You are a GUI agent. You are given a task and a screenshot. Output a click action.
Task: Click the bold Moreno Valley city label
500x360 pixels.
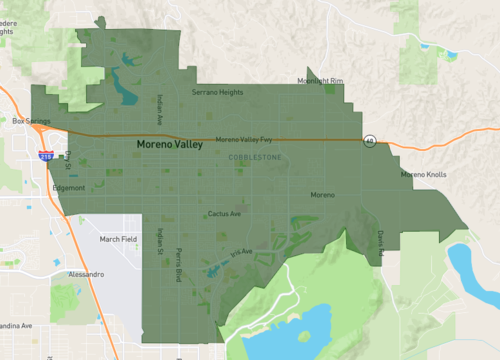click(169, 145)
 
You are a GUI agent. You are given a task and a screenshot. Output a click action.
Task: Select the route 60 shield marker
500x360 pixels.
click(370, 140)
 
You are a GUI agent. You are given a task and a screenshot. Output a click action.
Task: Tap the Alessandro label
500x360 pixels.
click(85, 273)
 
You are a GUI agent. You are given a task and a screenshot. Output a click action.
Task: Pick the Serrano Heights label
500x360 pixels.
click(217, 92)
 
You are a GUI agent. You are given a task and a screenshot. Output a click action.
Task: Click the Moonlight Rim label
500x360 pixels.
click(320, 81)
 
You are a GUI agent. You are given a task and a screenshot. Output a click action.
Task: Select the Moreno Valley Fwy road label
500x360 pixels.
click(243, 140)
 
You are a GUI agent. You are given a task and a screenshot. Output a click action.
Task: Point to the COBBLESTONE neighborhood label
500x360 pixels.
click(256, 157)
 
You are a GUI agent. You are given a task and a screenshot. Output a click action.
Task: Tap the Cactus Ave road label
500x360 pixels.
click(224, 213)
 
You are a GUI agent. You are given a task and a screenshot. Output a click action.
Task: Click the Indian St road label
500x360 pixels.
click(158, 241)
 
